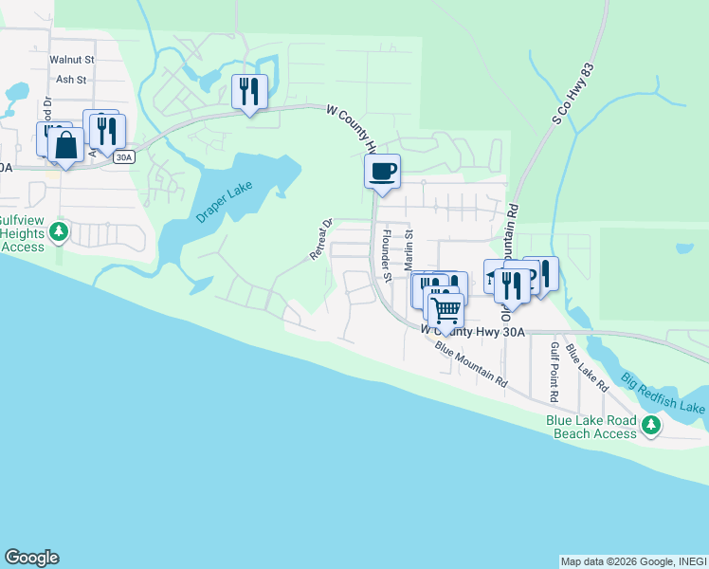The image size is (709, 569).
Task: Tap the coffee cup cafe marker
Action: [382, 172]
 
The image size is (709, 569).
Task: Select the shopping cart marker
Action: [445, 309]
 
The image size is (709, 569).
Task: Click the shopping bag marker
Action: [65, 146]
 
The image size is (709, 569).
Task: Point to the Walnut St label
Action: [72, 60]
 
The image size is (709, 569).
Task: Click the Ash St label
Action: [72, 80]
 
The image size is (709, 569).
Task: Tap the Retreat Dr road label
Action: [321, 239]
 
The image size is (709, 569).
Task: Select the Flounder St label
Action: [387, 248]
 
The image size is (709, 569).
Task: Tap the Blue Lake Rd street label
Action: [586, 368]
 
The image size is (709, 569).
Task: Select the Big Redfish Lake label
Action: [664, 394]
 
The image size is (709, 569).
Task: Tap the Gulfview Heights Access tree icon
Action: [59, 230]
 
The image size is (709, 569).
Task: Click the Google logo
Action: [31, 558]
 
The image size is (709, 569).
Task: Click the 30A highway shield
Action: [123, 157]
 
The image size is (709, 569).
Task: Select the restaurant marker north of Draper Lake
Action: [249, 92]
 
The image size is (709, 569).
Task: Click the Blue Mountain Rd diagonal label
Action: [471, 363]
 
